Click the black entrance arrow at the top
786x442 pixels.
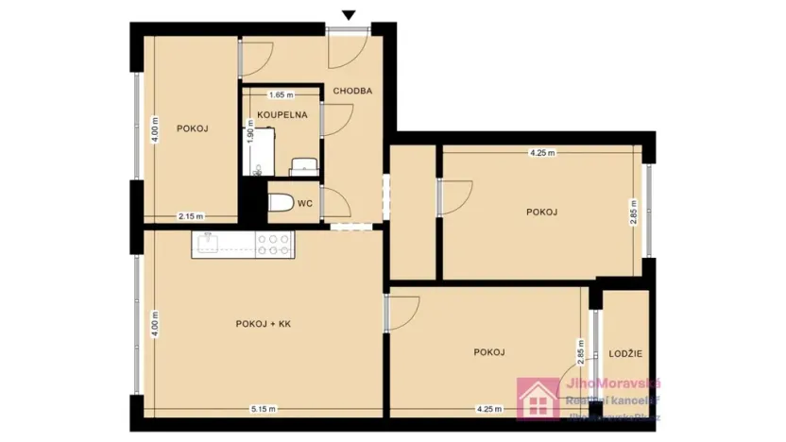coord(349,14)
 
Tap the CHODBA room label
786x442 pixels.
coord(352,91)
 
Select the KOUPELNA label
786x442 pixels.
coord(282,114)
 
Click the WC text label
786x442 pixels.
coord(305,203)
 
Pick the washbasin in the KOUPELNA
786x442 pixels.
coord(303,166)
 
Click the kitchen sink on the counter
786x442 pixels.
coord(208,244)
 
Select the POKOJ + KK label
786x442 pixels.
coord(264,324)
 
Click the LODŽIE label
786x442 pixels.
coord(625,353)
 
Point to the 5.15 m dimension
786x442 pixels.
coord(264,409)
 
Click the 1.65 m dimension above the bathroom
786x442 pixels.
coord(281,95)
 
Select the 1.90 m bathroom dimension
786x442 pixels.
coord(250,134)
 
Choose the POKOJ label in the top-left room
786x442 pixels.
coord(192,128)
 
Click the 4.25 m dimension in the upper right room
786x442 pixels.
coord(541,152)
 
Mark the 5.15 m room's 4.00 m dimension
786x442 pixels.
coord(155,324)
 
